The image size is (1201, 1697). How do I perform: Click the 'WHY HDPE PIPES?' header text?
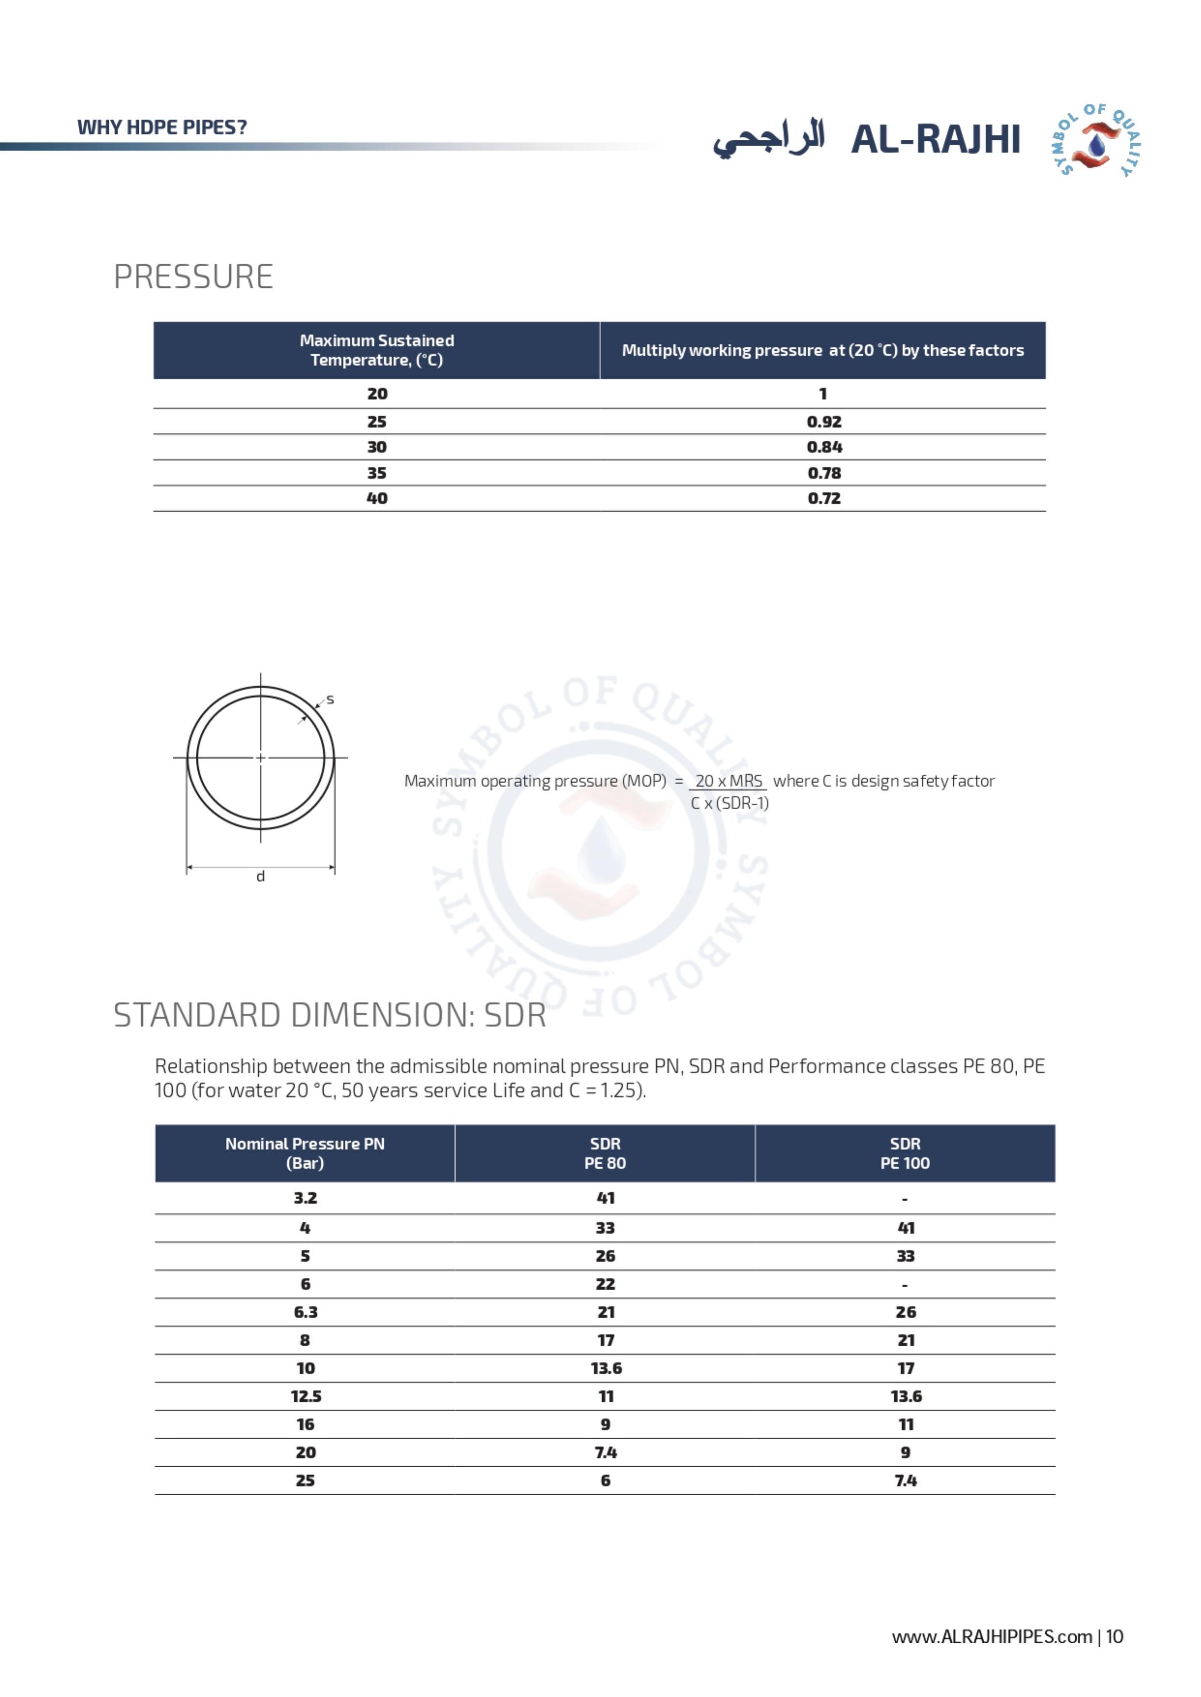pos(162,127)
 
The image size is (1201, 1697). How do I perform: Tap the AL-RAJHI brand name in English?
pos(935,140)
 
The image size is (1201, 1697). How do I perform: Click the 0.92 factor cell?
pos(824,421)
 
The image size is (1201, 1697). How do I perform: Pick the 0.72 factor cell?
pos(824,498)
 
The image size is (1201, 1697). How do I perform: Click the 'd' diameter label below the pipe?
pos(260,876)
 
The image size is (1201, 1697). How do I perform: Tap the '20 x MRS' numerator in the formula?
pos(728,781)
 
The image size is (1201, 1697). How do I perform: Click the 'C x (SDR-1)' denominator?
pos(729,803)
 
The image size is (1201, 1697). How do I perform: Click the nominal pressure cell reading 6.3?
pos(305,1312)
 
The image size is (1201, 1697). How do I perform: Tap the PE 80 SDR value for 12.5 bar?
pos(606,1396)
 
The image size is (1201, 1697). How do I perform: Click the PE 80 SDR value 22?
pos(605,1284)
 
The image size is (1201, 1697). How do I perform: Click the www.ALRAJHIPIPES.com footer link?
pos(992,1637)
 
